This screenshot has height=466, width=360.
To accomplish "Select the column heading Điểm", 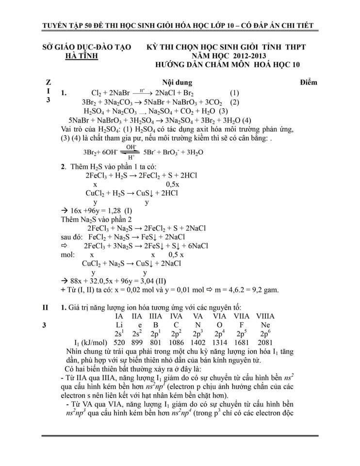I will point(308,82).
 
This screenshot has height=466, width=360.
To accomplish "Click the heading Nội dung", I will point(177,82).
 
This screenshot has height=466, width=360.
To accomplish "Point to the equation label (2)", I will point(235,102).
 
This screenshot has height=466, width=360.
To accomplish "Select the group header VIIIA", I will point(265,316).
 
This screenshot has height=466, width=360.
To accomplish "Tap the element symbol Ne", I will point(265,325).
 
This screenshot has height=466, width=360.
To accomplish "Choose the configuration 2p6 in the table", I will point(265,334).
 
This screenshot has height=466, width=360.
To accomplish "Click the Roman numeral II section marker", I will point(45,307).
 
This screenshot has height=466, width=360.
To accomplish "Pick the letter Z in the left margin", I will point(47,82).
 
